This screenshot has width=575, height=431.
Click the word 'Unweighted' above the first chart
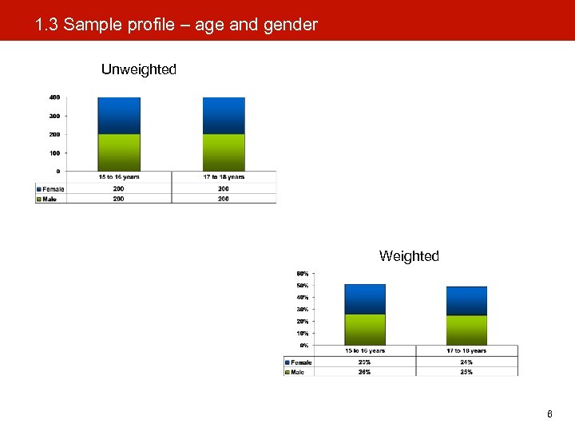pyautogui.click(x=138, y=69)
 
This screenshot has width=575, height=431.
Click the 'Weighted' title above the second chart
pyautogui.click(x=409, y=256)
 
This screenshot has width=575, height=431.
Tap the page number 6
pyautogui.click(x=549, y=414)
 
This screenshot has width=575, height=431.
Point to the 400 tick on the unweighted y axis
pyautogui.click(x=54, y=97)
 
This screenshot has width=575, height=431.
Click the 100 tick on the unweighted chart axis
pyautogui.click(x=54, y=152)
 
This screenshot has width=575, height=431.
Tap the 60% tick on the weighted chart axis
pyautogui.click(x=303, y=274)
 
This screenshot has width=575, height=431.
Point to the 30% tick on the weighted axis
pyautogui.click(x=303, y=309)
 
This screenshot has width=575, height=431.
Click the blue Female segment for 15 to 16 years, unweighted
pyautogui.click(x=118, y=116)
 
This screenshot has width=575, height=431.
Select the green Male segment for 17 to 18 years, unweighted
pyautogui.click(x=224, y=152)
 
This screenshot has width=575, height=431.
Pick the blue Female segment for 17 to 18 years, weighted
pyautogui.click(x=466, y=301)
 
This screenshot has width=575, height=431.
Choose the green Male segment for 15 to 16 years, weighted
pyautogui.click(x=364, y=329)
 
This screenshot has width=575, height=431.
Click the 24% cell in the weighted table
pyautogui.click(x=466, y=362)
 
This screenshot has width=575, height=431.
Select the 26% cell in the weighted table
pyautogui.click(x=364, y=372)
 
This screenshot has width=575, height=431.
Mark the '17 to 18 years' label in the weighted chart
pyautogui.click(x=466, y=350)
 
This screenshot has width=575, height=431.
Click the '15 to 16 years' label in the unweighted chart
pyautogui.click(x=118, y=176)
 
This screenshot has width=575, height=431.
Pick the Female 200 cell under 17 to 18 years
pyautogui.click(x=224, y=189)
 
